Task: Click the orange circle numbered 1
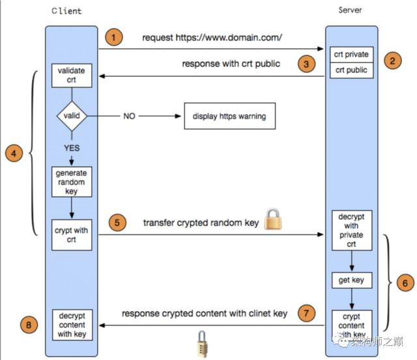point(115,37)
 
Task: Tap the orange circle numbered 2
point(392,62)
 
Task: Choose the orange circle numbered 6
point(404,284)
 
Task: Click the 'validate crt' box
point(71,75)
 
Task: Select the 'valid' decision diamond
point(71,117)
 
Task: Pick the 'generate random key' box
point(70,183)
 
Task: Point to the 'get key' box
point(351,281)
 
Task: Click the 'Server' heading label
point(351,10)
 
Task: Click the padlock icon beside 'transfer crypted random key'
point(274,219)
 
